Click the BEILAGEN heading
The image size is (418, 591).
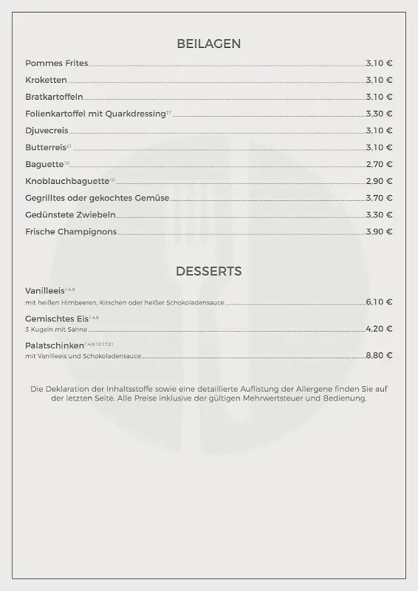208,44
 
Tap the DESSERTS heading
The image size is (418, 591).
208,272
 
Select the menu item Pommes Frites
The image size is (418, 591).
56,64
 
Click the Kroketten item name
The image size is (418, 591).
46,81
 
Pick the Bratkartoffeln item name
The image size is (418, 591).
54,98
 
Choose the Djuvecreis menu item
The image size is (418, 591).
47,131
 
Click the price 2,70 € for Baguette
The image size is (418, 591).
379,165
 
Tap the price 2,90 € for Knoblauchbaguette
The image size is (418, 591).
379,182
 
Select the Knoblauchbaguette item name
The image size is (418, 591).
67,182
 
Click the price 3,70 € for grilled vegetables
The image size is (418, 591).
379,199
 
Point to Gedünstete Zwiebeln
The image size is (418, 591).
70,215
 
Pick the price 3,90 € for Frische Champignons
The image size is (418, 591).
379,232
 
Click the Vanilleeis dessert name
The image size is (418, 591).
45,291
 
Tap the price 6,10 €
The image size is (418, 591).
379,302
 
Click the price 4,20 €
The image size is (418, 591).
379,329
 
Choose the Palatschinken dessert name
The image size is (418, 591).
55,345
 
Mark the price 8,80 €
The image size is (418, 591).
379,356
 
